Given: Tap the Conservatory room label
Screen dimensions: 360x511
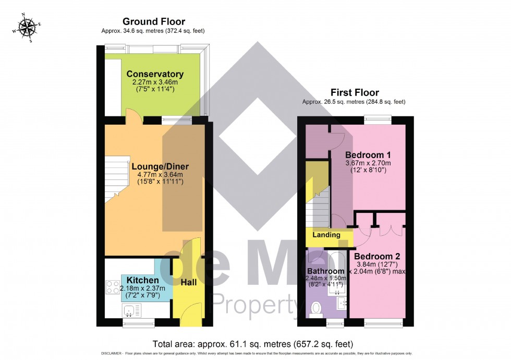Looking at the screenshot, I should coord(155,74).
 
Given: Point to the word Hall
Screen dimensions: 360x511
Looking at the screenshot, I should coord(188,282).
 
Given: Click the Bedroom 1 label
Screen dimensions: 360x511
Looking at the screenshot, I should coord(368,155).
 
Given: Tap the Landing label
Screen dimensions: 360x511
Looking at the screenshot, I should coord(326,235).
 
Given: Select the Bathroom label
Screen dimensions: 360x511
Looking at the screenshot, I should coord(325,271).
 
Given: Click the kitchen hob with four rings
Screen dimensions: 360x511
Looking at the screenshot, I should coord(113,288).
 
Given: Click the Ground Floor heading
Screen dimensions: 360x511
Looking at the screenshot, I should coord(147,21).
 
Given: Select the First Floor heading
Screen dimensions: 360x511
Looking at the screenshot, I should coord(354,92).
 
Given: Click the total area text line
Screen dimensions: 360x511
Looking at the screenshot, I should coord(252,344).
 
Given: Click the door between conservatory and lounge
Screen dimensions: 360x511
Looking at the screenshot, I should coord(133,119).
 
